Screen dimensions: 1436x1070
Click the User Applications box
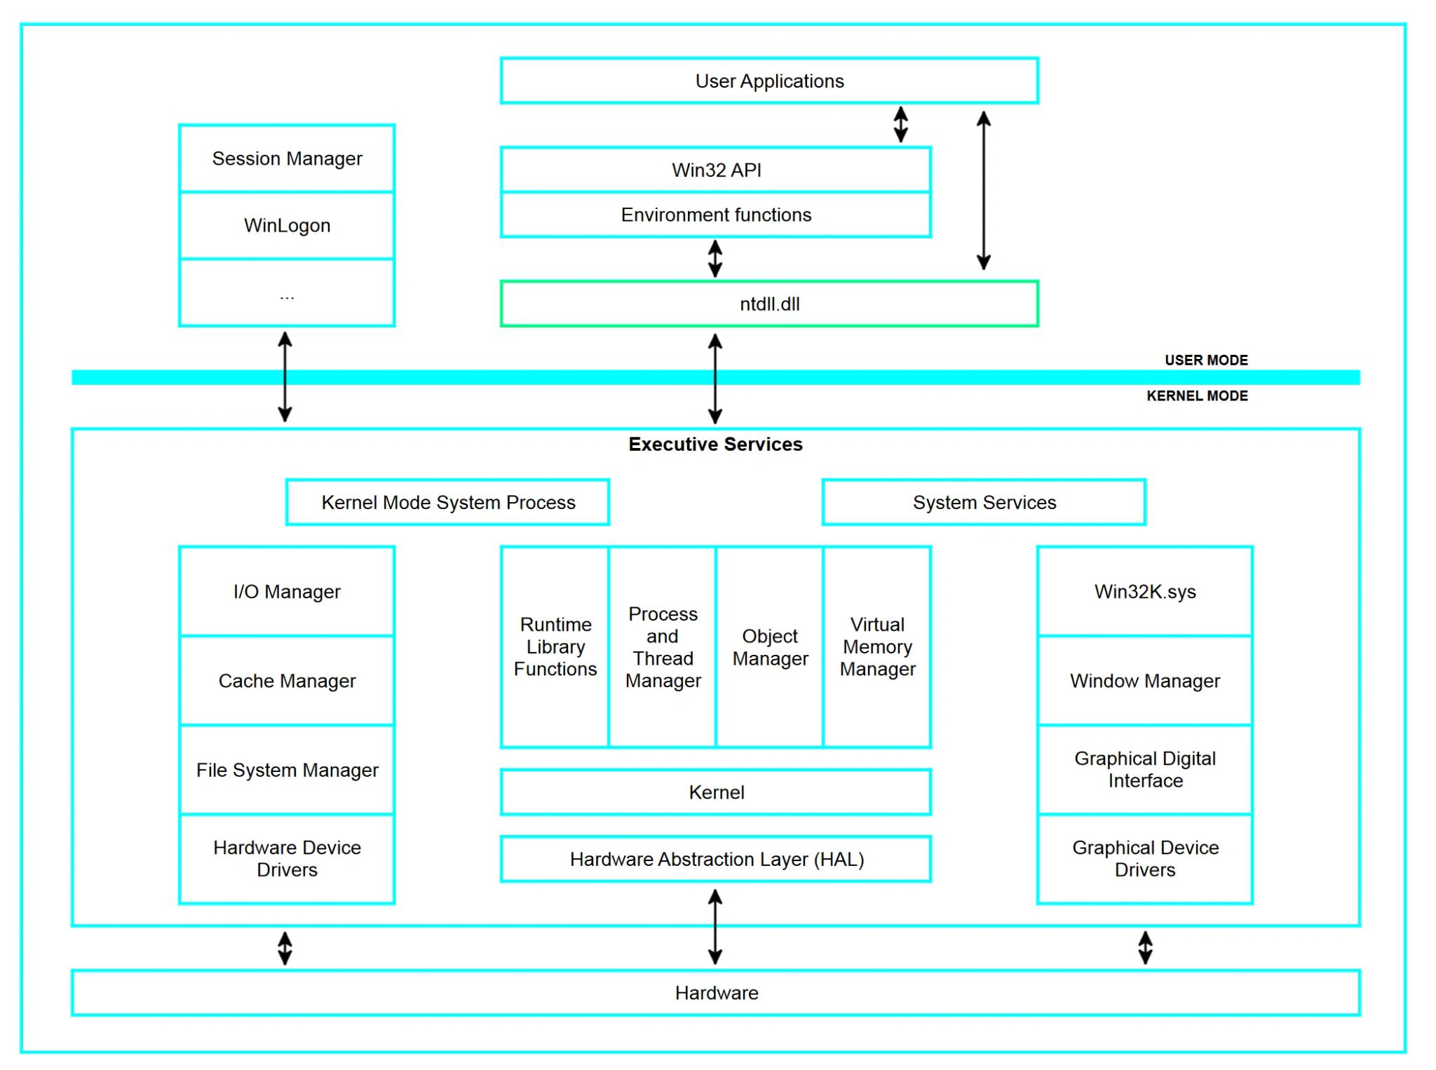(769, 81)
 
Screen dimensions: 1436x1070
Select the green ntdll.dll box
(769, 304)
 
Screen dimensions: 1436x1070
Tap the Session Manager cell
(287, 158)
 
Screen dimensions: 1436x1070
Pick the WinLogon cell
(287, 225)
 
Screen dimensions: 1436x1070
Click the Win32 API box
(716, 170)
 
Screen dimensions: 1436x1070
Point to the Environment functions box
(716, 215)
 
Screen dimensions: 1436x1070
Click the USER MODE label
(1206, 360)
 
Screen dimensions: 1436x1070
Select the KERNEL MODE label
(1197, 396)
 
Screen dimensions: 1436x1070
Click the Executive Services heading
(715, 444)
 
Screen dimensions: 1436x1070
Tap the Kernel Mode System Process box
(448, 502)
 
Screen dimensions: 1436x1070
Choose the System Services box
(984, 502)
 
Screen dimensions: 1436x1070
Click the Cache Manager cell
(287, 680)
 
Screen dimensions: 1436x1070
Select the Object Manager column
(769, 647)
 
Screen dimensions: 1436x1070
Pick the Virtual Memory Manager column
(877, 647)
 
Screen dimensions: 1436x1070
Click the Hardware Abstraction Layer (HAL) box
(716, 859)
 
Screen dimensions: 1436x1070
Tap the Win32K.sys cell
(1145, 591)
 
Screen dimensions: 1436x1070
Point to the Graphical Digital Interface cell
(1145, 769)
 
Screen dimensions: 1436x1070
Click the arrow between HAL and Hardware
(715, 926)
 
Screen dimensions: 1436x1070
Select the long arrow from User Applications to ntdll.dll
(984, 191)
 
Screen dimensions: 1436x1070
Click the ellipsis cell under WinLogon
(287, 293)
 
